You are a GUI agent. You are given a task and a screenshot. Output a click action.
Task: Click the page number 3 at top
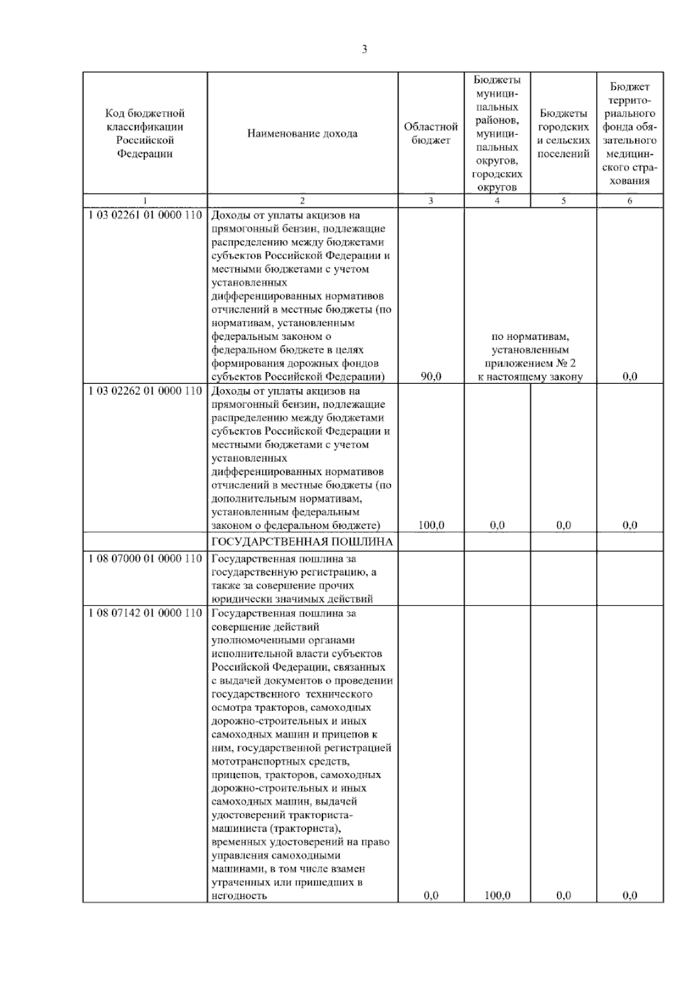click(x=364, y=50)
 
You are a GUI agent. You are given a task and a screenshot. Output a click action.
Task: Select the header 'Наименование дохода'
click(x=302, y=133)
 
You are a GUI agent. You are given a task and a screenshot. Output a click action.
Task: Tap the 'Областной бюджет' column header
click(x=431, y=133)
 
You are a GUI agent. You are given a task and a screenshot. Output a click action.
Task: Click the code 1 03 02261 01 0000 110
click(x=145, y=216)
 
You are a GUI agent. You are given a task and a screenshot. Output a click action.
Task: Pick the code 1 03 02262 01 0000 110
click(x=145, y=391)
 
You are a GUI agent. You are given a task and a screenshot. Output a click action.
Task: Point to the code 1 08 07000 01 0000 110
click(x=145, y=559)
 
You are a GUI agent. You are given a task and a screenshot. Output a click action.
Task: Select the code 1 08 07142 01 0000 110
click(x=145, y=613)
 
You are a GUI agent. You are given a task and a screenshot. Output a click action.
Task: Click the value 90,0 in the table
click(x=431, y=377)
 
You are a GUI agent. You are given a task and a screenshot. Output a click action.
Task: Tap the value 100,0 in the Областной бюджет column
click(x=431, y=525)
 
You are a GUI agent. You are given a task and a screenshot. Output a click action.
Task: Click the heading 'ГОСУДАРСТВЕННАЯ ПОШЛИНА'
click(x=302, y=542)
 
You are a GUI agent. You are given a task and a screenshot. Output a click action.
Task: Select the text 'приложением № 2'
click(x=530, y=364)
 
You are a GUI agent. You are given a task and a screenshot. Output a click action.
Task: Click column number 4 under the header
click(x=497, y=201)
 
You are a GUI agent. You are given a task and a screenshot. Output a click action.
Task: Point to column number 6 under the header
click(x=630, y=201)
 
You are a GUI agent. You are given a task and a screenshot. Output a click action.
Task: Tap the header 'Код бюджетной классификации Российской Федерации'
click(x=145, y=133)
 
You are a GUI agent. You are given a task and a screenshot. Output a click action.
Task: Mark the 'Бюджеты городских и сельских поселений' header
click(x=563, y=133)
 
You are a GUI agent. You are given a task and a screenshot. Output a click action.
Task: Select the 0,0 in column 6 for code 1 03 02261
click(x=630, y=377)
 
